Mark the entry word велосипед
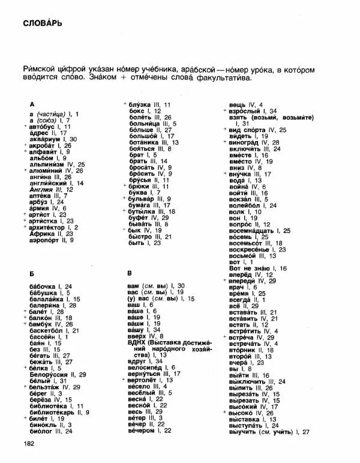143,368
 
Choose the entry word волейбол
245,205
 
